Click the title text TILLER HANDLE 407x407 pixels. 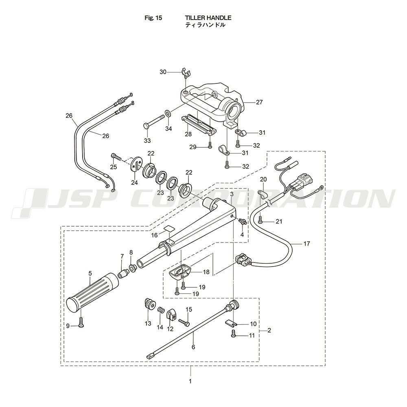(208, 18)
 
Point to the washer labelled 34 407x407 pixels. (168, 112)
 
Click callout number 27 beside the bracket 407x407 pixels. (259, 103)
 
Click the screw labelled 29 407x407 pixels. (210, 145)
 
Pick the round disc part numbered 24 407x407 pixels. (136, 164)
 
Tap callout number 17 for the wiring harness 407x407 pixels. (306, 244)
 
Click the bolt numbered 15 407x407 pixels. (184, 322)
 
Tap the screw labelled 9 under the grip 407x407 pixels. (81, 324)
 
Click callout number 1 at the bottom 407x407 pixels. (190, 381)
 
